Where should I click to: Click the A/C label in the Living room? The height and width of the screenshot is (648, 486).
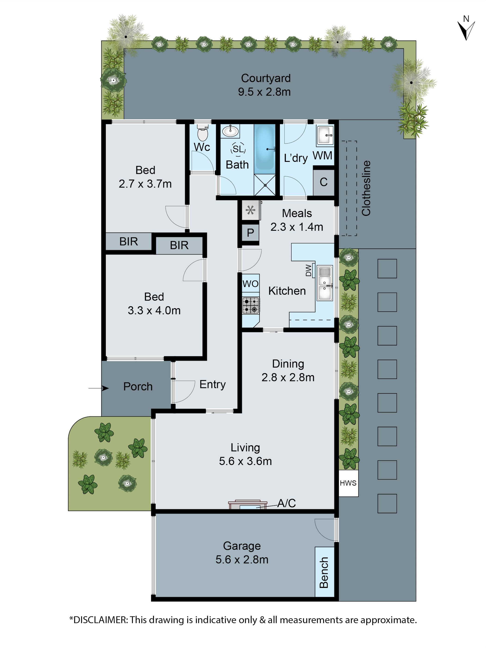[286, 503]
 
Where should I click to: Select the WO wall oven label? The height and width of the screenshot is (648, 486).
[250, 284]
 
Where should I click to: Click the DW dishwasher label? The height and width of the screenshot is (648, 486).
[308, 270]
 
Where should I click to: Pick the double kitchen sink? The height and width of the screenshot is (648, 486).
[324, 283]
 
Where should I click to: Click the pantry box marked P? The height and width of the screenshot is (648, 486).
[250, 233]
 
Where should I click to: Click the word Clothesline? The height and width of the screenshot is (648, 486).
[366, 188]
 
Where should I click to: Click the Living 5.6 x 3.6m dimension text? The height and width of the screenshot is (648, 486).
[245, 461]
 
